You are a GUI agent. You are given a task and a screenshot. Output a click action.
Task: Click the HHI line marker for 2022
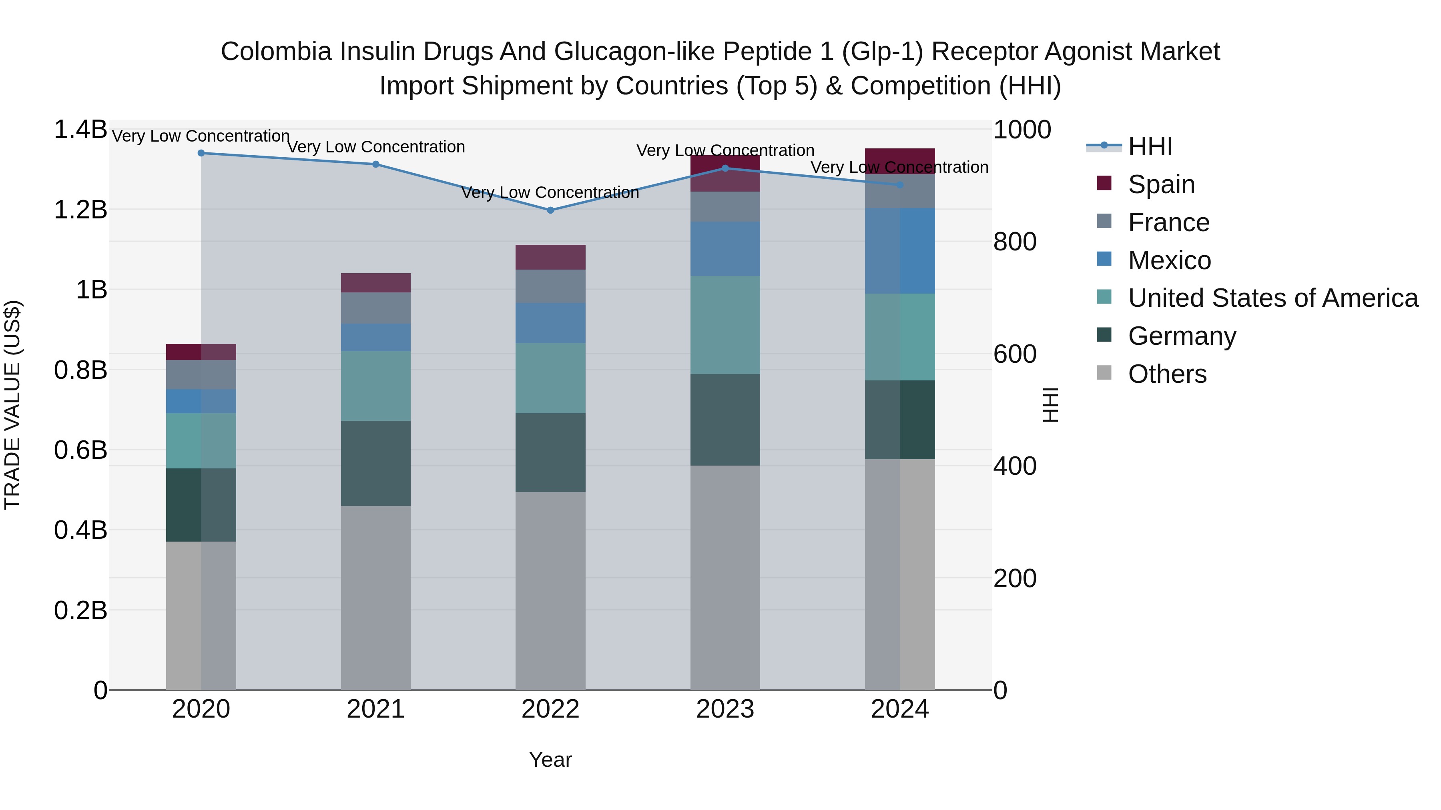[550, 210]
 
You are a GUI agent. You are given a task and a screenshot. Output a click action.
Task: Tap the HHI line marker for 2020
[201, 153]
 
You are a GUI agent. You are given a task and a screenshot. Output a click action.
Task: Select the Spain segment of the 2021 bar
[376, 283]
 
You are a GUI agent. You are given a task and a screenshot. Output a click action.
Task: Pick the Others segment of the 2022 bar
[550, 590]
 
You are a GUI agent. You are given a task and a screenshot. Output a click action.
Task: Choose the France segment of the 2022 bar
[550, 286]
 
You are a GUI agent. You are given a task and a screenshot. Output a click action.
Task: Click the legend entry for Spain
[1161, 184]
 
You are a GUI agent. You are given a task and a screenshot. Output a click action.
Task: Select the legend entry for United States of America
[1272, 298]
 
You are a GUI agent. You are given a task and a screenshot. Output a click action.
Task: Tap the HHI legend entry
[1150, 146]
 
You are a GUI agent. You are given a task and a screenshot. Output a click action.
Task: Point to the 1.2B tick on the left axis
[80, 210]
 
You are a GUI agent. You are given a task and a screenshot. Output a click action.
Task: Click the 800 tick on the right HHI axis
[1015, 242]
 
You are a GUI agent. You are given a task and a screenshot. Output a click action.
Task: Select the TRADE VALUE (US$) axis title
[12, 405]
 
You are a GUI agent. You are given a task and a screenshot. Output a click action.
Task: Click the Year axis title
[550, 760]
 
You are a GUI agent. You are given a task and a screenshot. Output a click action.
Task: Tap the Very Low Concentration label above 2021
[376, 147]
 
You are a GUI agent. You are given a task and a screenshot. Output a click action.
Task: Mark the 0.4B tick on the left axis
[80, 530]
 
